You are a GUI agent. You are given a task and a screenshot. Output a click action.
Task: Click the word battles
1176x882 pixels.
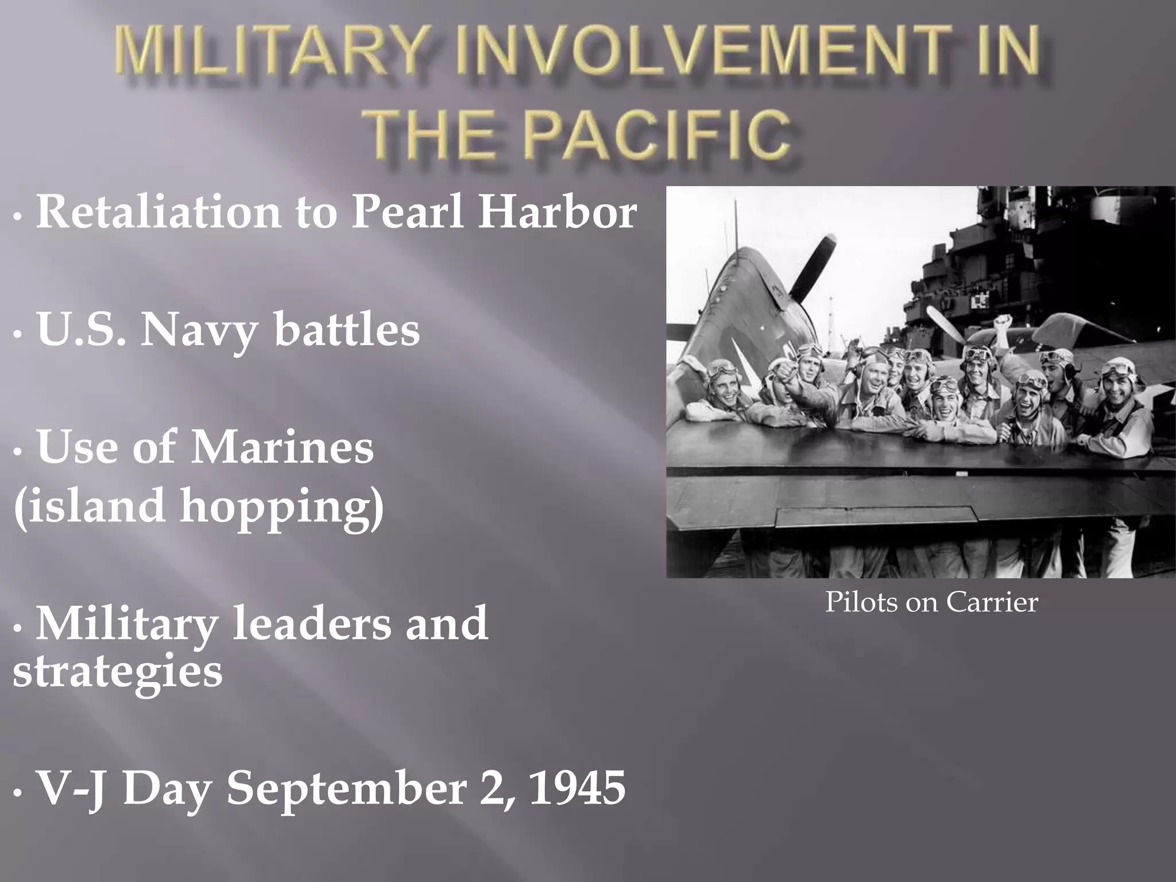pyautogui.click(x=347, y=330)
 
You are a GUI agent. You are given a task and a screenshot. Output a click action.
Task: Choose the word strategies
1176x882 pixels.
pyautogui.click(x=117, y=672)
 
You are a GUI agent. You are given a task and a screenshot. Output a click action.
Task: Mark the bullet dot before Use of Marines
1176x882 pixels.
pyautogui.click(x=18, y=451)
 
